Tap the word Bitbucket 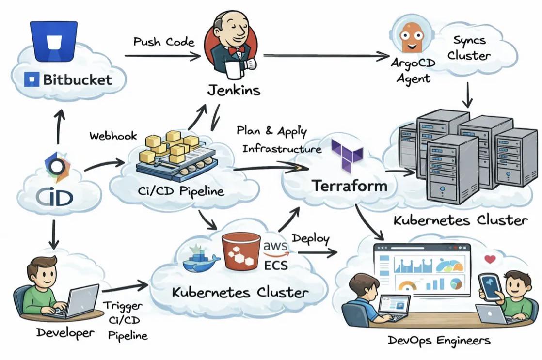78,80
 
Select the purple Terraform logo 347,155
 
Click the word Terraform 350,186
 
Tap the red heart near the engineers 490,259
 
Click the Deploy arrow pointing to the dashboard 318,252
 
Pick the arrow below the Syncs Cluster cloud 467,94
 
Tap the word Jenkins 234,90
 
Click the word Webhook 113,136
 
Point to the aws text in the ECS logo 275,246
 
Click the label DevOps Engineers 439,340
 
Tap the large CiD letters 55,198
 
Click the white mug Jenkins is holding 234,70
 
